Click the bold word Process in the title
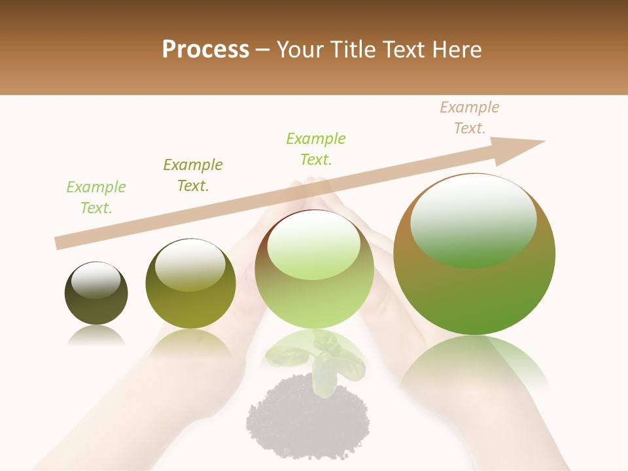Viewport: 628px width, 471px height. tap(205, 49)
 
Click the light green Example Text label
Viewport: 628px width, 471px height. tap(96, 198)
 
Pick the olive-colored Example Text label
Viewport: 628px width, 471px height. tap(193, 175)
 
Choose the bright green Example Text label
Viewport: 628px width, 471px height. tap(316, 149)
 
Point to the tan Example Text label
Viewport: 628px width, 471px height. tap(470, 118)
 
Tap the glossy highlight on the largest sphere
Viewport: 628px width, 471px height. tap(474, 219)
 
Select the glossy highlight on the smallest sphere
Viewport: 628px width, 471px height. tap(96, 280)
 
